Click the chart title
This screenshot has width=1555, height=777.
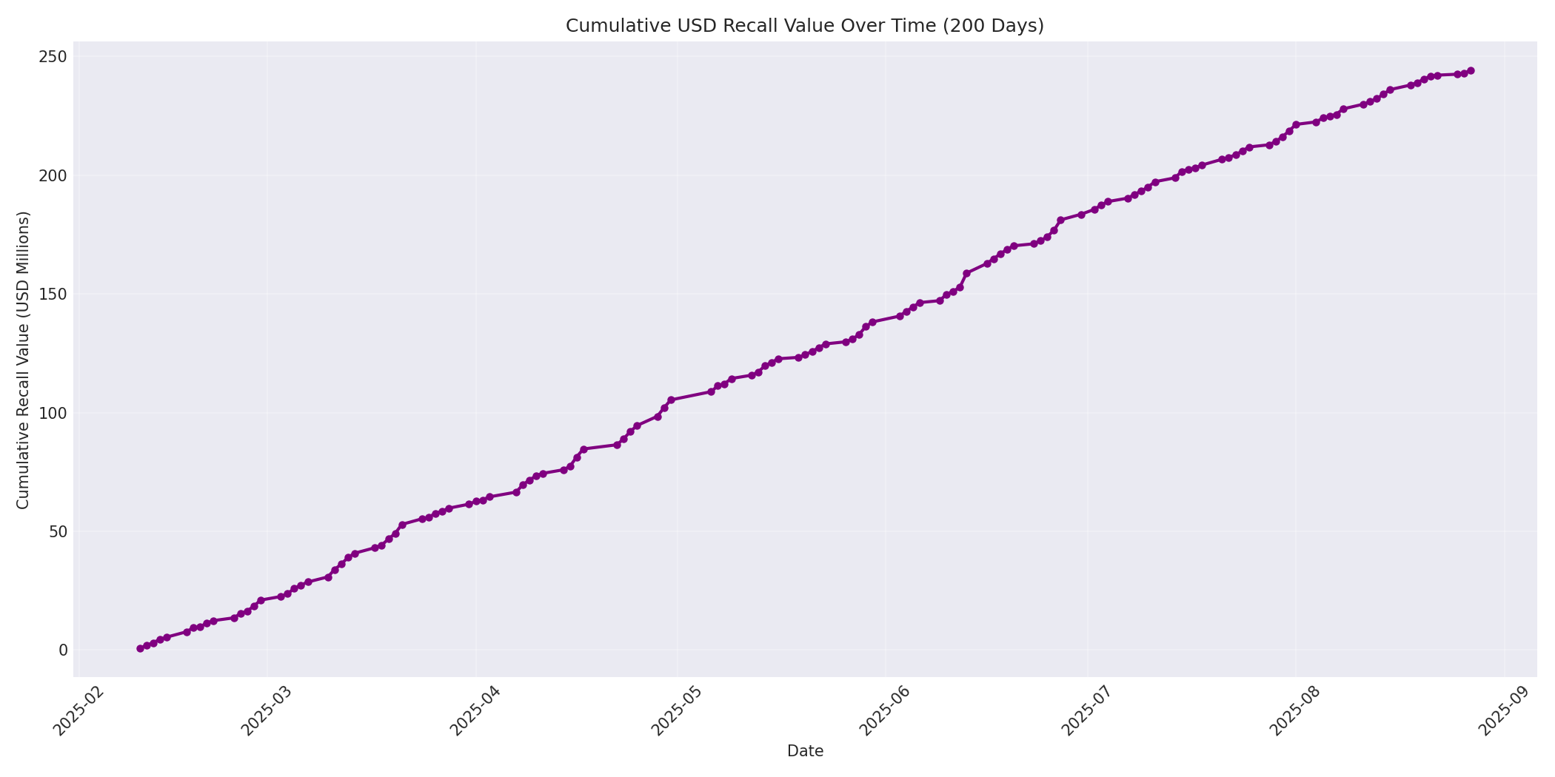pyautogui.click(x=804, y=26)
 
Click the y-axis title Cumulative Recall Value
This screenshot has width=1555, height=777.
pyautogui.click(x=23, y=360)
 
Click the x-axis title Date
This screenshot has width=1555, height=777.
pyautogui.click(x=805, y=752)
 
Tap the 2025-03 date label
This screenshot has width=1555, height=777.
pyautogui.click(x=268, y=712)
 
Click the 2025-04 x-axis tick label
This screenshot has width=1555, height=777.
pyautogui.click(x=476, y=712)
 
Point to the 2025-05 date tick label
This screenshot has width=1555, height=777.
pyautogui.click(x=677, y=712)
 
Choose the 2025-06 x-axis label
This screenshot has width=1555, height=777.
pyautogui.click(x=885, y=712)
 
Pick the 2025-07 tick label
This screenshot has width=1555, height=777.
pyautogui.click(x=1087, y=712)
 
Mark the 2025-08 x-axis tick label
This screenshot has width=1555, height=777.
pyautogui.click(x=1295, y=712)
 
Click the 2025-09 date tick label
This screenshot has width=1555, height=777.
pyautogui.click(x=1504, y=712)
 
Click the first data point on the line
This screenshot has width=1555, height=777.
pyautogui.click(x=140, y=648)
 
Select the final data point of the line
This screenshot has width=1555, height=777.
pyautogui.click(x=1471, y=71)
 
